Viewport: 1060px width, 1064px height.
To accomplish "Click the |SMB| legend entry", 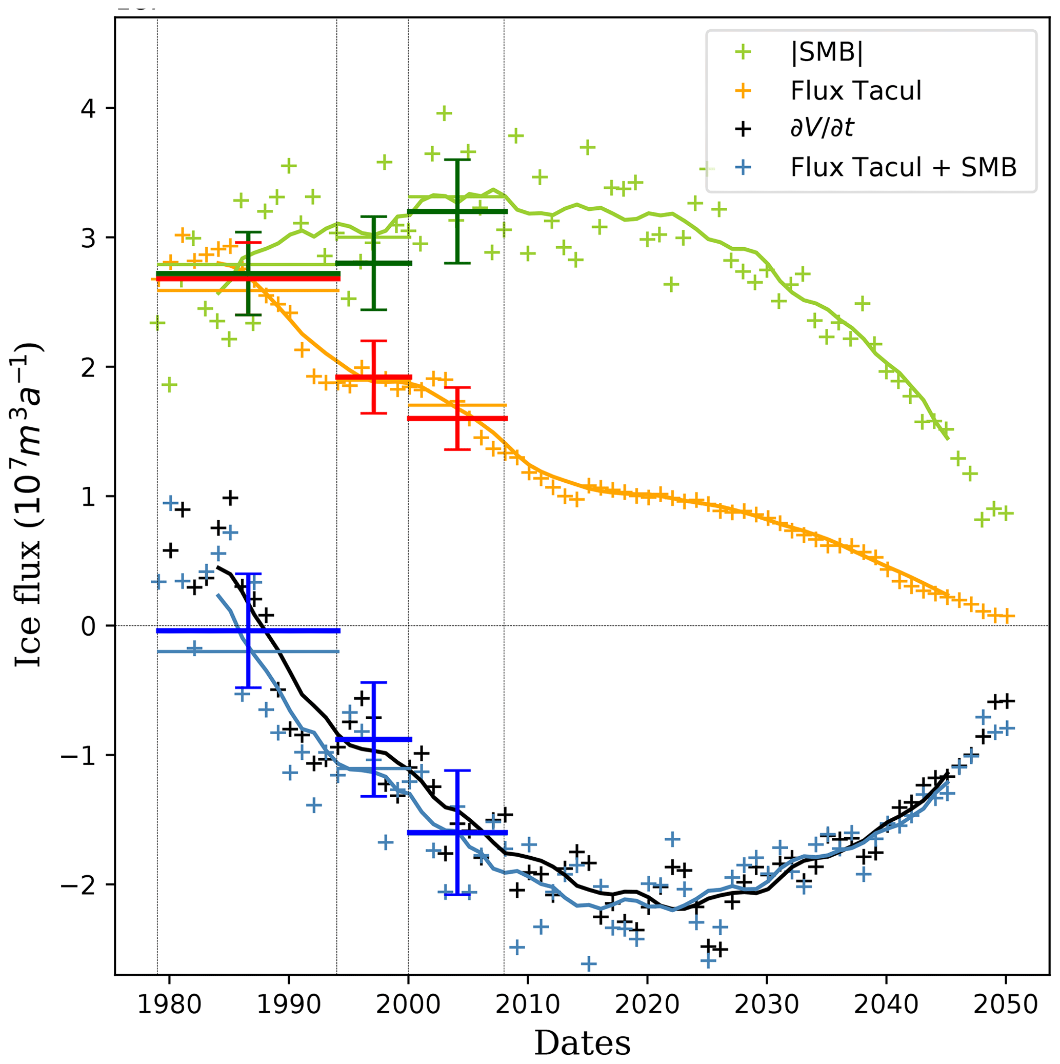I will [827, 53].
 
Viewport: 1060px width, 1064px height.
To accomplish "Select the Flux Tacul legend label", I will [855, 91].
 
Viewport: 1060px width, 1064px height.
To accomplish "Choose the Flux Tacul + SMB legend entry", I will [903, 167].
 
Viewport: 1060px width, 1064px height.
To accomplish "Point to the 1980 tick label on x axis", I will [169, 1005].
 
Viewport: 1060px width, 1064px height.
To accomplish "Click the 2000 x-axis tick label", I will [408, 1005].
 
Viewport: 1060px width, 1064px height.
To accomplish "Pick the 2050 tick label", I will [1006, 1005].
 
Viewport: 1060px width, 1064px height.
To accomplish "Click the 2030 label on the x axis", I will [767, 1005].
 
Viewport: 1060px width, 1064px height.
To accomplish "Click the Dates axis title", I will [582, 1042].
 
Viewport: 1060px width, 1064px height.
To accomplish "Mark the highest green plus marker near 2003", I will [444, 113].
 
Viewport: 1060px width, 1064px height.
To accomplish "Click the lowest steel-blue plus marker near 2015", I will [589, 964].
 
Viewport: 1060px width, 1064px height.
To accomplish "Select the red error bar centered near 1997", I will [374, 377].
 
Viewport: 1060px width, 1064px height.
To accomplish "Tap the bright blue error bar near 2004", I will [457, 833].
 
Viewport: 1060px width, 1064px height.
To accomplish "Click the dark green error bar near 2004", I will [457, 211].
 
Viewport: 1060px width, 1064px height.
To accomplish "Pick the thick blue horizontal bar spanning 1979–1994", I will [248, 630].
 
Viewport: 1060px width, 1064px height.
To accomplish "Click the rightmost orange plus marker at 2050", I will [1006, 616].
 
